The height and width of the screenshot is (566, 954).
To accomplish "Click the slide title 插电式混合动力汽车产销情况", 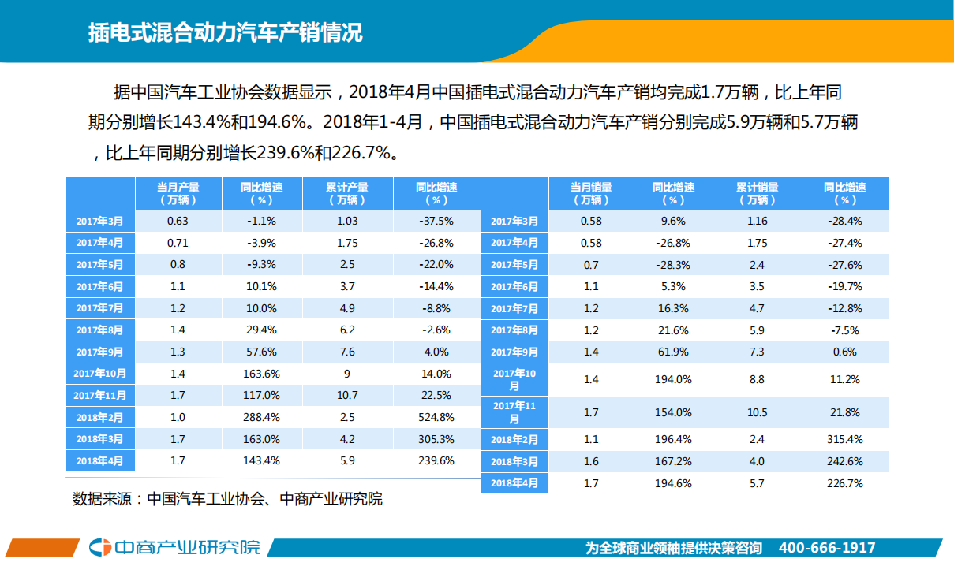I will [x=226, y=34].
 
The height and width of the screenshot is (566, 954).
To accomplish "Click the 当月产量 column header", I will [x=178, y=193].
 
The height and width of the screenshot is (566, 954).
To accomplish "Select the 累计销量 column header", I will [x=757, y=193].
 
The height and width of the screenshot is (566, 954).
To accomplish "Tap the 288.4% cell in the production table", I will [x=262, y=417].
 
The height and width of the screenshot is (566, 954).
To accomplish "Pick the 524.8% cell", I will [x=436, y=417].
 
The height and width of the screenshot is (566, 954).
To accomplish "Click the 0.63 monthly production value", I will [x=178, y=221].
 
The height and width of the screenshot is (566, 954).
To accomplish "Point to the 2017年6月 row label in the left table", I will [x=99, y=286].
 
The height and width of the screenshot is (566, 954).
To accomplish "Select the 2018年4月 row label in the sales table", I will [x=514, y=483].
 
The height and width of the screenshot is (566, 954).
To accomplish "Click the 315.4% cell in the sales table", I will [x=844, y=439].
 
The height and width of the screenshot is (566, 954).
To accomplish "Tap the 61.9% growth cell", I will [x=673, y=352].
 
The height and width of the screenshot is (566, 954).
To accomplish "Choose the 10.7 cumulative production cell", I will [x=347, y=395].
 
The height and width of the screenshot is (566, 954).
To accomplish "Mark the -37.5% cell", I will [x=436, y=221].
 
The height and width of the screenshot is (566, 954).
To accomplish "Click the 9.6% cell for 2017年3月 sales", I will [x=673, y=221].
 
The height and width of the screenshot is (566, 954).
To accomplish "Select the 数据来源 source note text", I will [x=227, y=499].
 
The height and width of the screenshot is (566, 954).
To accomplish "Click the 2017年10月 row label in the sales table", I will [x=514, y=379].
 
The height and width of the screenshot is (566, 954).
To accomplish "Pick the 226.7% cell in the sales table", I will [x=844, y=483].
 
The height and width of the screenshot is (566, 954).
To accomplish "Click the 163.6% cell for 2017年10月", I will [x=262, y=374].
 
